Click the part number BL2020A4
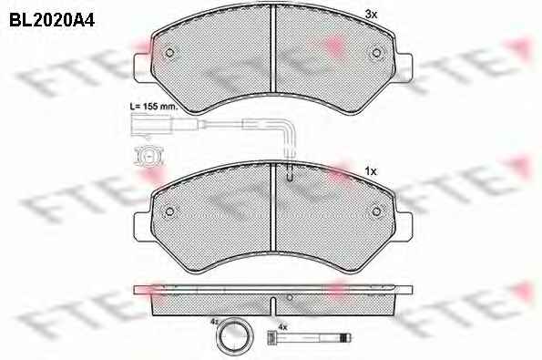pos(52,21)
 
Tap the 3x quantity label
pos(372,15)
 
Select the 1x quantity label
pos(371,171)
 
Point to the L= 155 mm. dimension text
pos(153,106)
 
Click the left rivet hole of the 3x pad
pos(169,53)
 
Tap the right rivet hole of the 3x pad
pos(376,53)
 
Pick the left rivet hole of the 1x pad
pos(169,211)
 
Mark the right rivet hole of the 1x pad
pos(376,211)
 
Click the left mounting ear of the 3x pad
pos(143,67)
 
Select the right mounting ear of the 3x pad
pos(403,67)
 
